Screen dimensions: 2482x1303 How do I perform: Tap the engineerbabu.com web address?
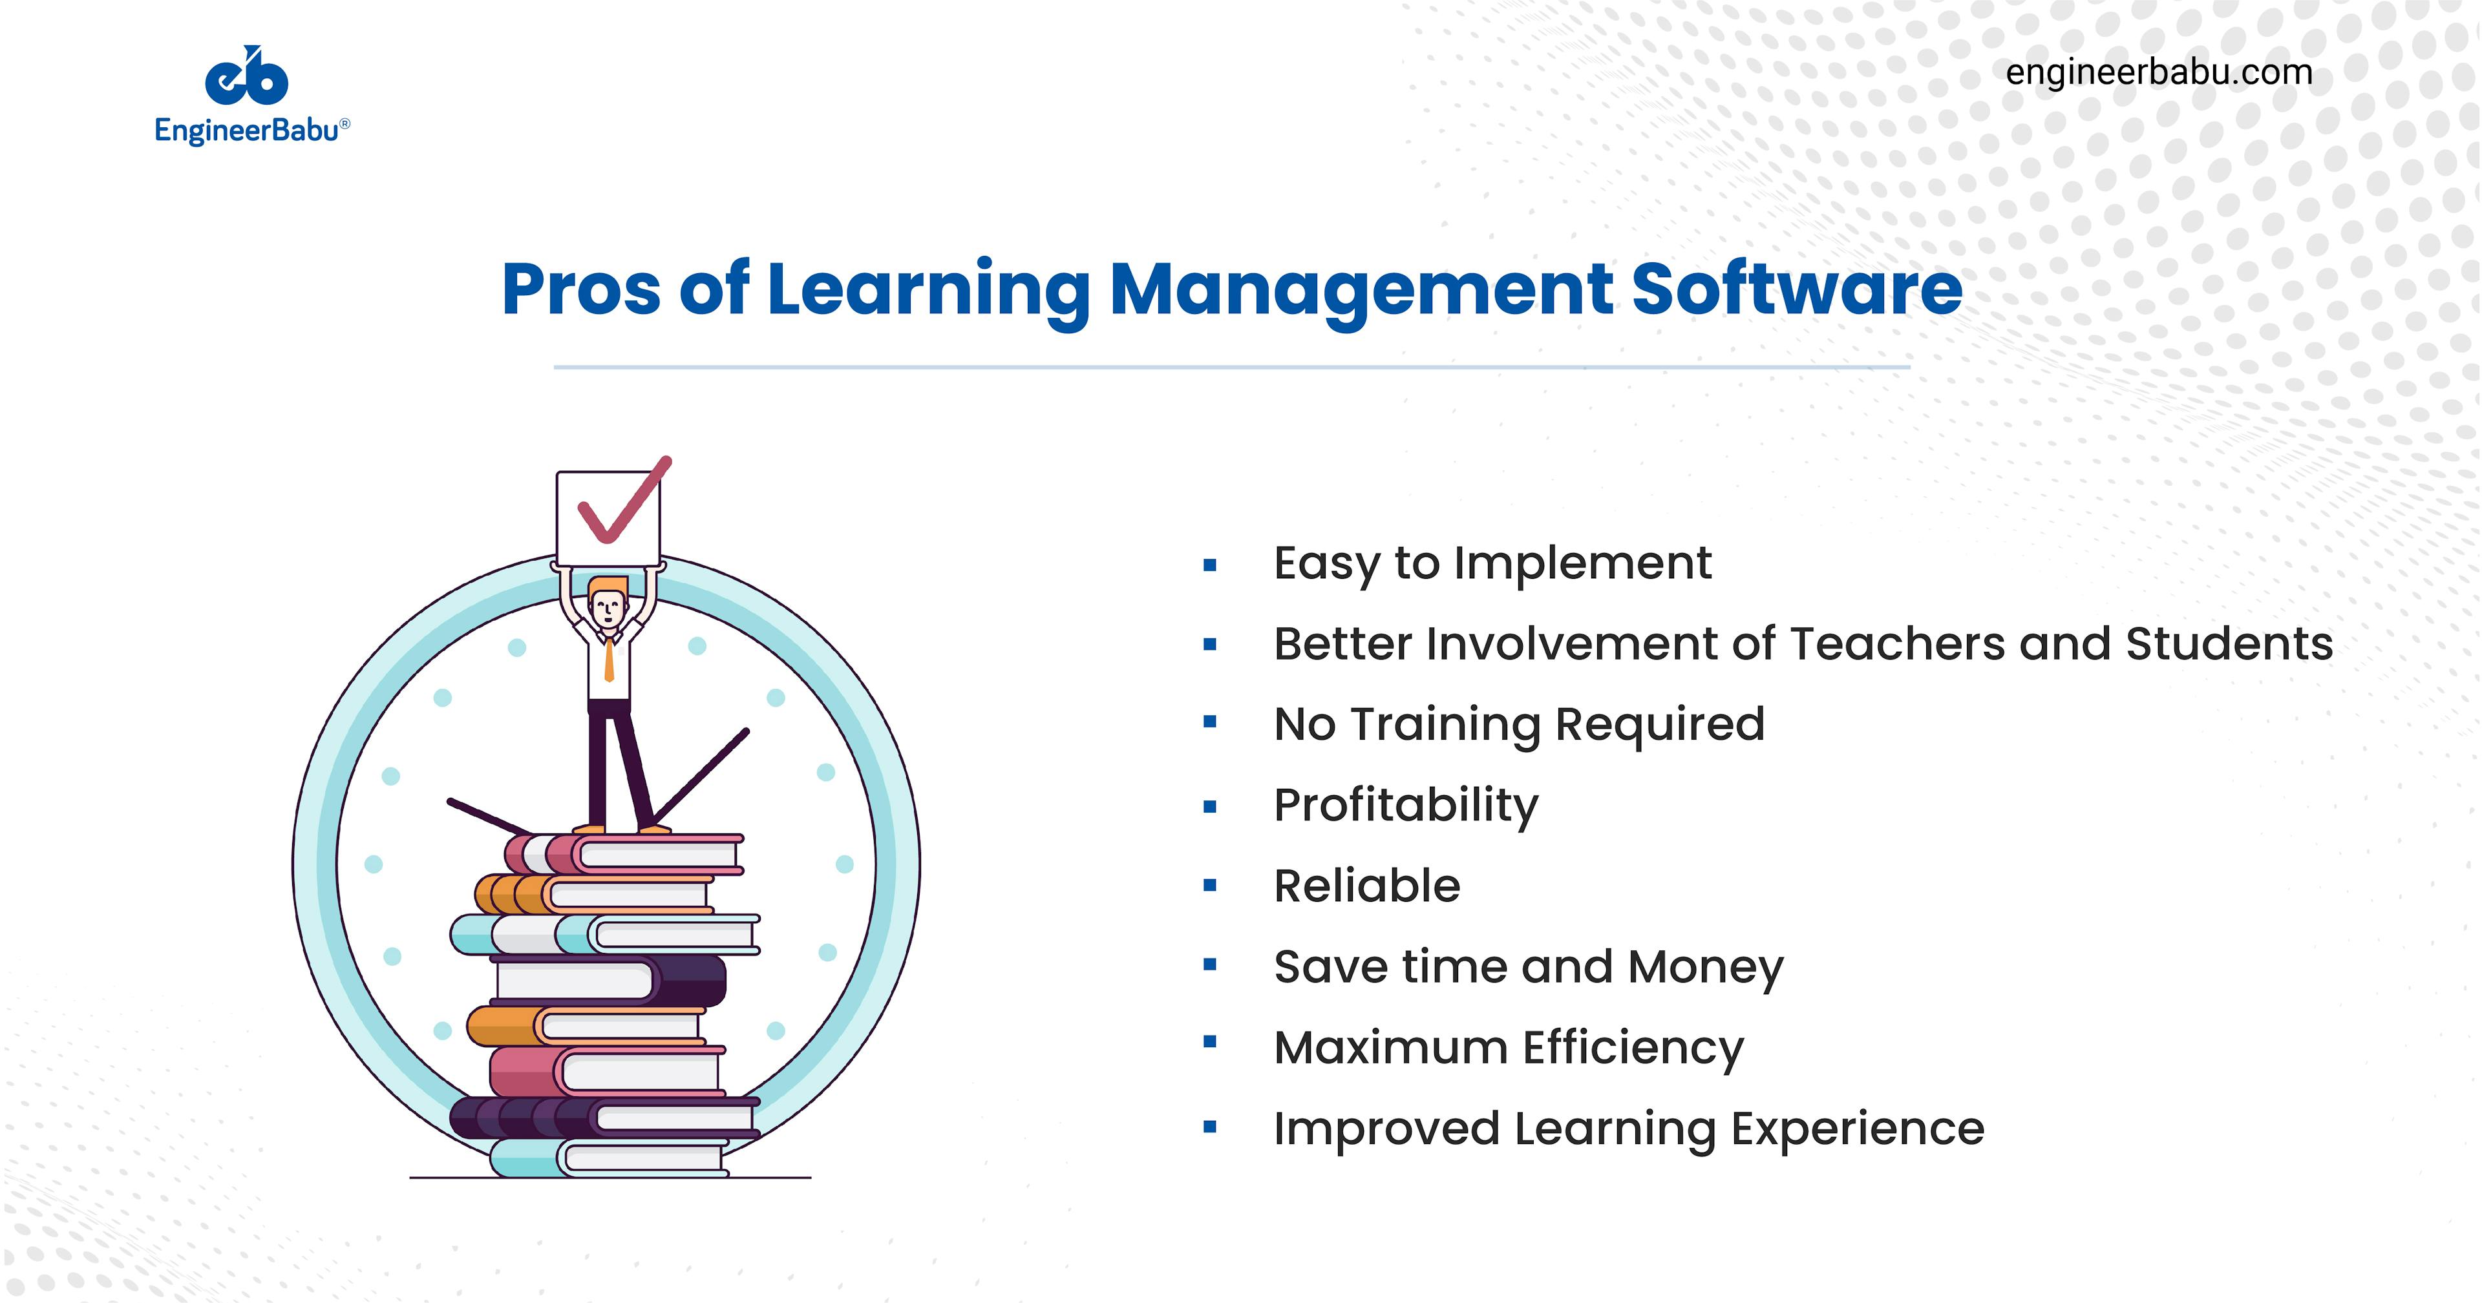pos(2158,73)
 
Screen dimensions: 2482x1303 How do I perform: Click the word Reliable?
pos(1367,886)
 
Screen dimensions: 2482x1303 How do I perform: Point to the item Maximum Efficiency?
pos(1509,1048)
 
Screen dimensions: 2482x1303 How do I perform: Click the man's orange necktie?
pos(609,660)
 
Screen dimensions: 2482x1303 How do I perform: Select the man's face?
pos(608,609)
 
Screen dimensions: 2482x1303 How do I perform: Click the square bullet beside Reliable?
pos(1210,886)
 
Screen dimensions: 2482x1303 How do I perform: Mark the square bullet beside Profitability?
pos(1210,806)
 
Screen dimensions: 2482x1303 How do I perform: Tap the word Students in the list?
pos(2229,643)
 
